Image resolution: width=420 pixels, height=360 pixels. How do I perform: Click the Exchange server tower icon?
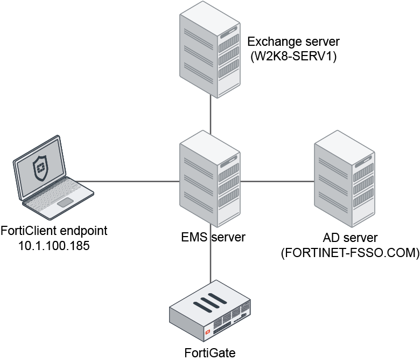(210, 56)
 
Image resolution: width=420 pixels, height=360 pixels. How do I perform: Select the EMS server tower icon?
(210, 183)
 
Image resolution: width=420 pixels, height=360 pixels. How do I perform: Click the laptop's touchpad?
(66, 202)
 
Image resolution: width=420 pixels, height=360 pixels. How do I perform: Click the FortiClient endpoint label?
(54, 232)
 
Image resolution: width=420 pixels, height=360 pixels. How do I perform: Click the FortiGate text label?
(210, 353)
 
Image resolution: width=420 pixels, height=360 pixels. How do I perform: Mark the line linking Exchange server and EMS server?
(210, 116)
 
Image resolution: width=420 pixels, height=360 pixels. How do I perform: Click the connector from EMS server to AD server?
(278, 182)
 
